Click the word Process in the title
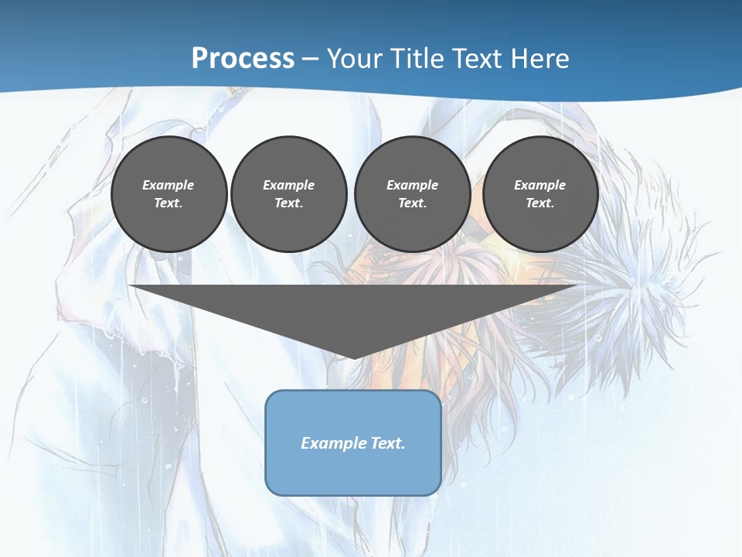click(243, 58)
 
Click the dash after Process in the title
click(311, 60)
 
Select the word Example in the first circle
click(168, 185)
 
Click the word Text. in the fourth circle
click(540, 203)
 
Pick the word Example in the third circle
click(412, 185)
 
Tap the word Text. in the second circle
click(288, 203)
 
